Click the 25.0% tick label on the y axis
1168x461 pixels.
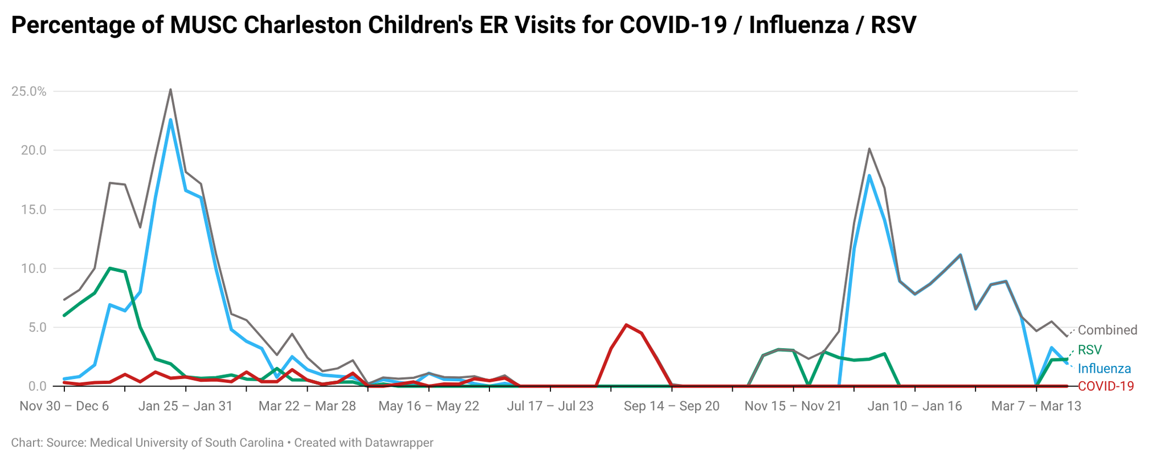click(x=28, y=92)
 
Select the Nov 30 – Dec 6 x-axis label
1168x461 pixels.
click(x=64, y=406)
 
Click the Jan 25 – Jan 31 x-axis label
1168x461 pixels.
click(x=186, y=406)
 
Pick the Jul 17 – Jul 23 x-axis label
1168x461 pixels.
click(x=550, y=406)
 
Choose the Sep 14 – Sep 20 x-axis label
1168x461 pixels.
click(x=672, y=406)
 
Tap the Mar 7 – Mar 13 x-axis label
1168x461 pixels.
click(x=1036, y=406)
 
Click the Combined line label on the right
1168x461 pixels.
click(x=1107, y=331)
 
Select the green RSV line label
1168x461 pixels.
click(x=1090, y=350)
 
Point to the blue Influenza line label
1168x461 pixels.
click(x=1104, y=369)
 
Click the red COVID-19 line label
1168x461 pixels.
click(x=1106, y=386)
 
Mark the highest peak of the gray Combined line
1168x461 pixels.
click(x=170, y=89)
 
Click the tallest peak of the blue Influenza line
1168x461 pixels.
click(x=170, y=120)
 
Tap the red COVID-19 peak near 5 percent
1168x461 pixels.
click(x=626, y=325)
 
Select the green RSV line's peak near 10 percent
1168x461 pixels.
click(x=110, y=268)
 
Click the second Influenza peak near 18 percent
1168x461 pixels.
click(x=869, y=176)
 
